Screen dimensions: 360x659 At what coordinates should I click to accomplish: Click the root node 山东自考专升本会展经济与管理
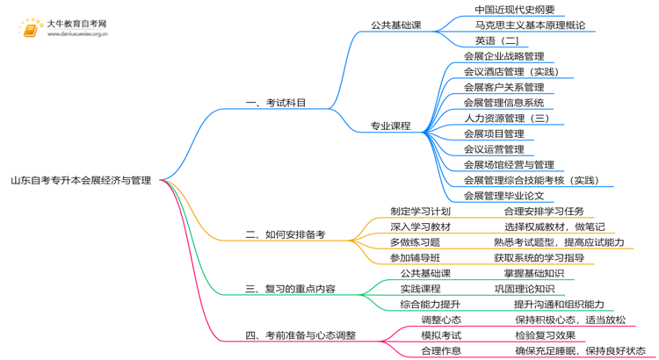[x=81, y=181]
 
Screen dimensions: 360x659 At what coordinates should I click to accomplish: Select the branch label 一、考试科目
[x=276, y=103]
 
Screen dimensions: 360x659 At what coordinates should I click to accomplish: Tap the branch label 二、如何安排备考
[x=285, y=235]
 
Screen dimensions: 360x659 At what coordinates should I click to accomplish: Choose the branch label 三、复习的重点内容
[x=290, y=289]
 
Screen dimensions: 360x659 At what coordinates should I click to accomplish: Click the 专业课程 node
[x=391, y=126]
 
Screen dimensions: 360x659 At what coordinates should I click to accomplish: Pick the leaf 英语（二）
[x=497, y=40]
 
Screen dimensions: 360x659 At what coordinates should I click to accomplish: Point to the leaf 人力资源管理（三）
[x=507, y=118]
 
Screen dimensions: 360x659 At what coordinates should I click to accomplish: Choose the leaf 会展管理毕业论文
[x=504, y=196]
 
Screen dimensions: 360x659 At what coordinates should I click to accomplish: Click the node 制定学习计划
[x=420, y=212]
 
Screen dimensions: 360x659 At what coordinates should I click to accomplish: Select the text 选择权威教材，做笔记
[x=554, y=227]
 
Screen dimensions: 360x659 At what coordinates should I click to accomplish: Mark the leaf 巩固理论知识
[x=525, y=289]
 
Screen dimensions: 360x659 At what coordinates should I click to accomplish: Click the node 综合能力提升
[x=431, y=304]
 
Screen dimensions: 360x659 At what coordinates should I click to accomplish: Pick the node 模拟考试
[x=441, y=335]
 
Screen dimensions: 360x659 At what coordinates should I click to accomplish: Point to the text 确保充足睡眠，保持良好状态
[x=580, y=351]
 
